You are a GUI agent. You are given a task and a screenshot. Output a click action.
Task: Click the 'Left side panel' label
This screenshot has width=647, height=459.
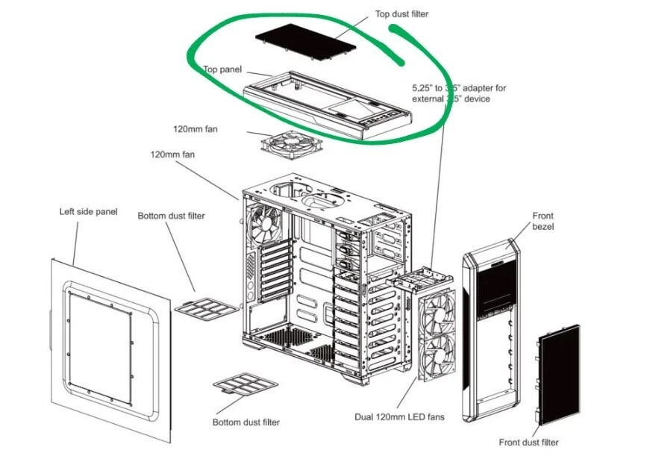tap(88, 212)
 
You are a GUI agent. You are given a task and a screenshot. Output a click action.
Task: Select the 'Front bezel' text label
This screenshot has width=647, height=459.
tap(543, 221)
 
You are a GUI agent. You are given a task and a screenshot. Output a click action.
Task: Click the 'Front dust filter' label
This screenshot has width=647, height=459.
tap(528, 443)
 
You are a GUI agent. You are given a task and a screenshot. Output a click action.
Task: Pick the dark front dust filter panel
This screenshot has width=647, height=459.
tap(559, 372)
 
